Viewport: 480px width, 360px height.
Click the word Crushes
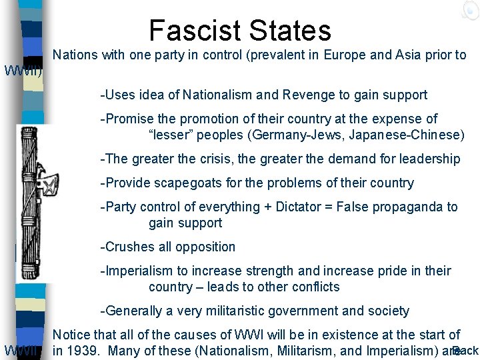pos(125,247)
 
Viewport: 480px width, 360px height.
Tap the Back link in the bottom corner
pos(465,351)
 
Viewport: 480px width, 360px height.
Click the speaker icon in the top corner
pos(469,9)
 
